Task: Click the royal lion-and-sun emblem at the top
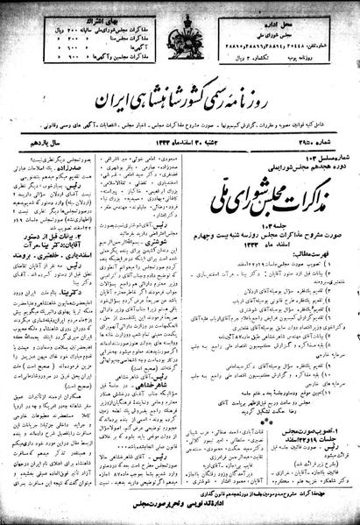coord(179,35)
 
